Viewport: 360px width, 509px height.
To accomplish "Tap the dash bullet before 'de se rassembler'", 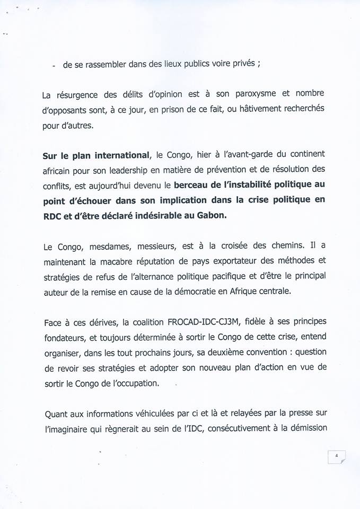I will tap(55, 67).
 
